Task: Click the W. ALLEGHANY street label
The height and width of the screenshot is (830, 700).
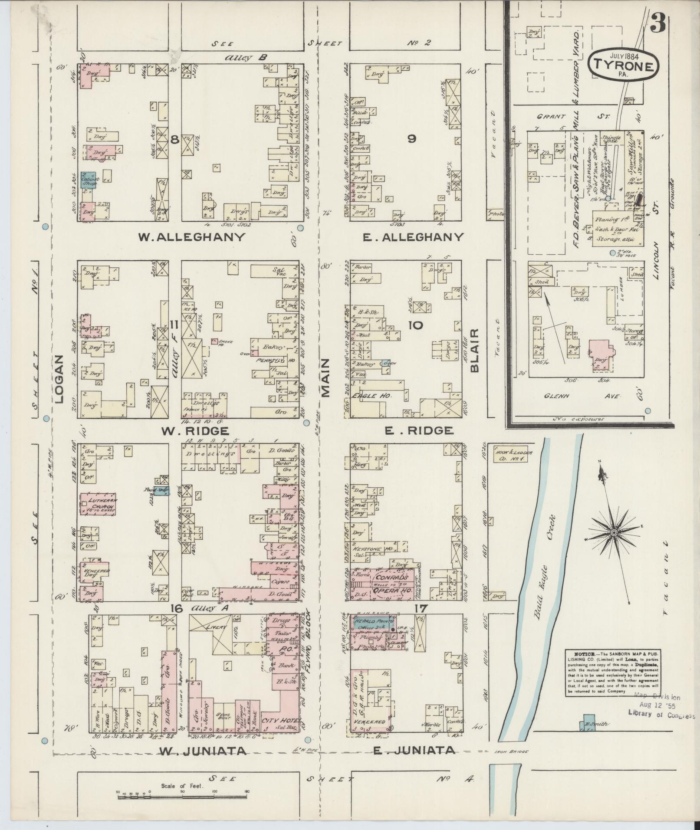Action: pos(191,237)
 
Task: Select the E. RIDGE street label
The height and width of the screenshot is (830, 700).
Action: pos(419,430)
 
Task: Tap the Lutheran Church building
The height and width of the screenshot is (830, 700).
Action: pos(98,503)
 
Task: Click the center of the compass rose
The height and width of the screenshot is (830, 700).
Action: pos(614,532)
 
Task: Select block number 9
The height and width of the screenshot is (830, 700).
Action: pos(411,139)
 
